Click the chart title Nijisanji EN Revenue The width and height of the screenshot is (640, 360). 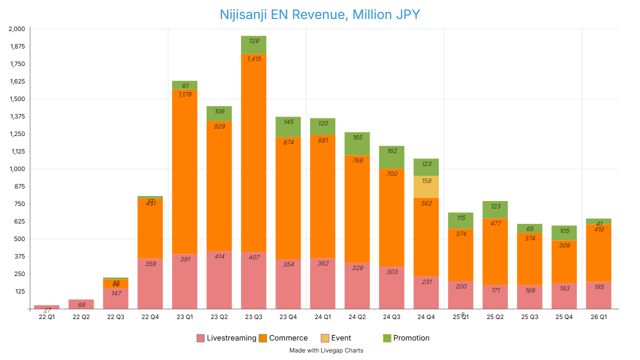click(320, 14)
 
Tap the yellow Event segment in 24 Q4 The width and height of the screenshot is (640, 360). click(426, 187)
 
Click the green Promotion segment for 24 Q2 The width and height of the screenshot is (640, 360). click(357, 143)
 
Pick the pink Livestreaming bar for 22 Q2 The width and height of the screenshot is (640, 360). click(81, 304)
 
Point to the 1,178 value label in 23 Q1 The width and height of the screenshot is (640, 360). click(184, 94)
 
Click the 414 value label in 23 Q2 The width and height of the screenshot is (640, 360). click(219, 256)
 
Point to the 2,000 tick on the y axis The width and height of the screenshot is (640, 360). click(16, 29)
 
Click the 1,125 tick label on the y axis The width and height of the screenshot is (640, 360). click(16, 151)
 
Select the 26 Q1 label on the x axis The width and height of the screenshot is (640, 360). click(599, 316)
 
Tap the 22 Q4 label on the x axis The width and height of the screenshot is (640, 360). click(150, 316)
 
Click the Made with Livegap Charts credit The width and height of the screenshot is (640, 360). click(326, 350)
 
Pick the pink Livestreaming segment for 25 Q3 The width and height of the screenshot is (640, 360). click(529, 297)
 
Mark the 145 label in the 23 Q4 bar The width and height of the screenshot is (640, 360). click(288, 121)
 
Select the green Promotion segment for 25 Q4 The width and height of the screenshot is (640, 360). click(564, 233)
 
